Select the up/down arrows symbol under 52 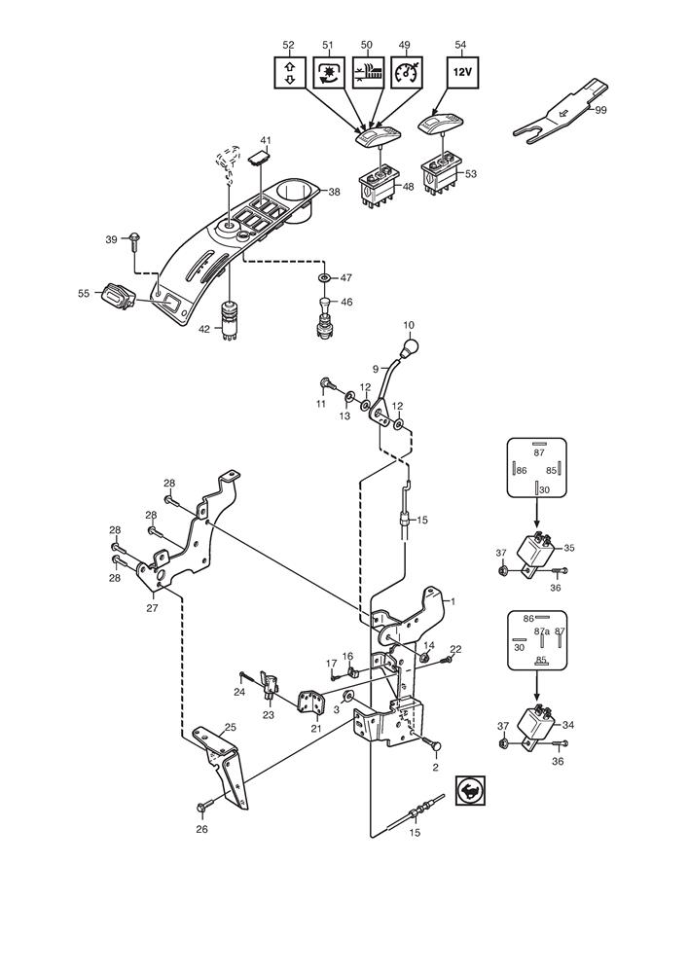click(290, 71)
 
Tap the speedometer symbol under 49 click(407, 71)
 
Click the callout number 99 click(600, 110)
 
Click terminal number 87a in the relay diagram click(542, 631)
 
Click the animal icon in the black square click(470, 790)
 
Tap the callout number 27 click(153, 608)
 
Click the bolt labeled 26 click(203, 806)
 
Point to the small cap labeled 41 click(259, 159)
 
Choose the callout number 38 click(335, 192)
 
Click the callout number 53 click(471, 174)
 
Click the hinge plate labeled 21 click(311, 702)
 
